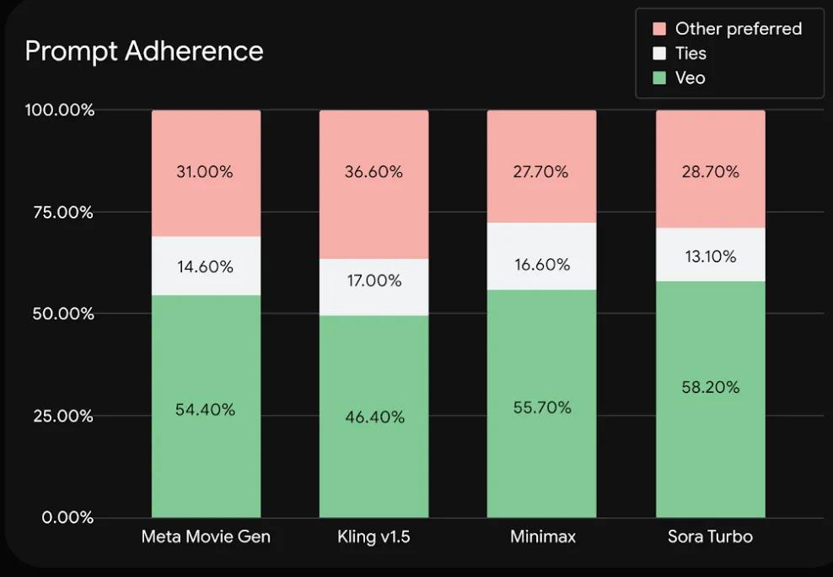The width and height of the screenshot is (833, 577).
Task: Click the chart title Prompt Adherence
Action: (144, 51)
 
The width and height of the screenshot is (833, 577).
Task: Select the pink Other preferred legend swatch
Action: (659, 30)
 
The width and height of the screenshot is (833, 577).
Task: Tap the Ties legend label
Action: (691, 53)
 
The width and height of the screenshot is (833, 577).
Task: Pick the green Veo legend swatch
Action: (659, 78)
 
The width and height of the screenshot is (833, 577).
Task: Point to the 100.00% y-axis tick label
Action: (59, 111)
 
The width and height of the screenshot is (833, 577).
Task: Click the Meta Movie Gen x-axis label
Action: (206, 537)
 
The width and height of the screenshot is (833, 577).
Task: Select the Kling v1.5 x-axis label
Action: (374, 537)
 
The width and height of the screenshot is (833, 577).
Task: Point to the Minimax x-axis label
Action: (541, 537)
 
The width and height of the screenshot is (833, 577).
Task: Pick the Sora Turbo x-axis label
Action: (710, 537)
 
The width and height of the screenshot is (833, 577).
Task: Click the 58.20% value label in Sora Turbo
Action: (710, 387)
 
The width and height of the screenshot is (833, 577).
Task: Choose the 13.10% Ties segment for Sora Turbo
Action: (710, 255)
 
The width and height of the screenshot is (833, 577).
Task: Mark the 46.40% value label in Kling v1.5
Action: (374, 417)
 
